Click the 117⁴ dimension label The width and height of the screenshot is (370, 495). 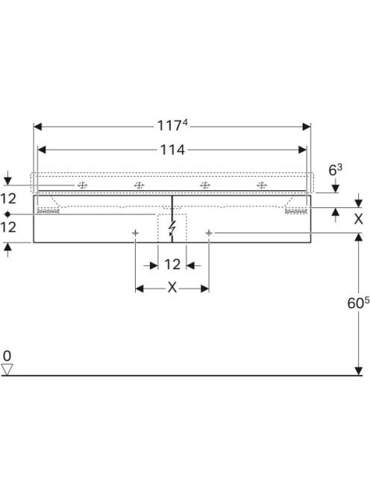click(x=172, y=125)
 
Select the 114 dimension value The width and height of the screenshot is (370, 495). click(x=172, y=150)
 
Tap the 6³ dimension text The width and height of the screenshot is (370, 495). click(x=335, y=170)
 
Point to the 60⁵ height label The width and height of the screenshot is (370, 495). click(x=358, y=303)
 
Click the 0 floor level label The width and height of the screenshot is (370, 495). click(x=7, y=356)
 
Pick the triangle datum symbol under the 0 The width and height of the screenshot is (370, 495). click(x=7, y=370)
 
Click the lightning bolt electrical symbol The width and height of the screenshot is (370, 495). click(x=172, y=228)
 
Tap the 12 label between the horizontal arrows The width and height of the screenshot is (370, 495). click(x=172, y=265)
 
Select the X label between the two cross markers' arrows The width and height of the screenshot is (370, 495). click(x=172, y=288)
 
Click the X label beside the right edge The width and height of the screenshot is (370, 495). click(x=358, y=218)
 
